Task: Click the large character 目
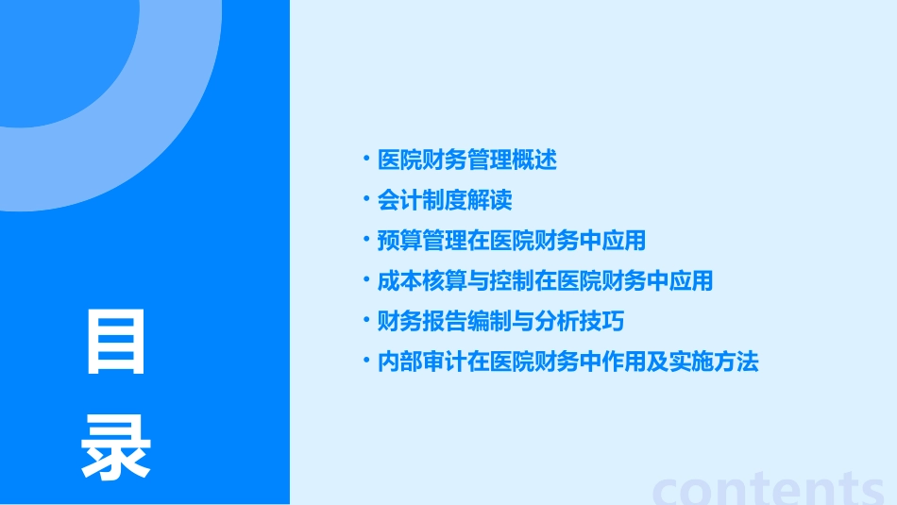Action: [x=116, y=342]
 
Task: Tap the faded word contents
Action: [x=769, y=488]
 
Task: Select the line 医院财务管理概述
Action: [x=466, y=160]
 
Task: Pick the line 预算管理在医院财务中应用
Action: [x=511, y=241]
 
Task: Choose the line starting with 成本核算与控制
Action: [x=545, y=280]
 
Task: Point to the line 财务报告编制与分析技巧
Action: [x=500, y=321]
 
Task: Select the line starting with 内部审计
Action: [x=567, y=362]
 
